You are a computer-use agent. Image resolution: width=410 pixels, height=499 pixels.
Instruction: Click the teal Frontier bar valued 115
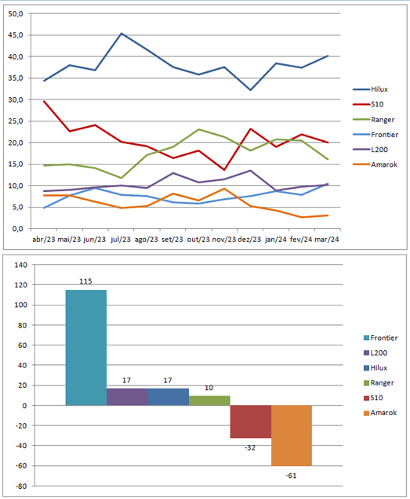click(86, 348)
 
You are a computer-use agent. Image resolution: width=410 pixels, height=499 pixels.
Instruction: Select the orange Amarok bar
click(292, 436)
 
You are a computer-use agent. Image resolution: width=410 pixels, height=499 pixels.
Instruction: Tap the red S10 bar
click(251, 421)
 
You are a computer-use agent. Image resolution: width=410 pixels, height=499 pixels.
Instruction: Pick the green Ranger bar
click(209, 400)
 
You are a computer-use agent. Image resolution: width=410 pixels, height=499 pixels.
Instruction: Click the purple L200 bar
click(128, 397)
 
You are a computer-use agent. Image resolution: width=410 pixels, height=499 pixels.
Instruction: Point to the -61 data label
click(291, 475)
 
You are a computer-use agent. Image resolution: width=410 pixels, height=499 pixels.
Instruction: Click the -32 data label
click(250, 448)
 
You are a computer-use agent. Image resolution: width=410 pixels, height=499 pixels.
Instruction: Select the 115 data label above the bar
click(85, 281)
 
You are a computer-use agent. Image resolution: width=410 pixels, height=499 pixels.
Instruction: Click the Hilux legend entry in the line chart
click(371, 89)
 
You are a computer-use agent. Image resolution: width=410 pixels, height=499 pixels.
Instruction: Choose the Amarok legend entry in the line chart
click(376, 165)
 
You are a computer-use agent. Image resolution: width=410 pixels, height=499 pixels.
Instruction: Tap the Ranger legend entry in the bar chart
click(379, 383)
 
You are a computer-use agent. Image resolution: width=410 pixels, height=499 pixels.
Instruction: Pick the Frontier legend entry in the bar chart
click(381, 338)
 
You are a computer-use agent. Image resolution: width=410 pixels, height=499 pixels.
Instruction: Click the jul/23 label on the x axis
click(121, 240)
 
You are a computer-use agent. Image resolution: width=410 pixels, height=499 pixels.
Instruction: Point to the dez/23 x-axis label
click(249, 240)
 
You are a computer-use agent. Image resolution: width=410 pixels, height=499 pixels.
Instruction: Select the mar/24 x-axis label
click(327, 240)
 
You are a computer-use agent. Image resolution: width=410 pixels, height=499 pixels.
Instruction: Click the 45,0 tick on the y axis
click(16, 35)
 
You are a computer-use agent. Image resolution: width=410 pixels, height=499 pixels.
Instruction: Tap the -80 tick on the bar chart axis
click(21, 486)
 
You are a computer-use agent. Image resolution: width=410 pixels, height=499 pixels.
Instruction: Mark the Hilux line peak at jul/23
click(122, 33)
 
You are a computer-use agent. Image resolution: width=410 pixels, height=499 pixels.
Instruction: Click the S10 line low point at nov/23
click(224, 170)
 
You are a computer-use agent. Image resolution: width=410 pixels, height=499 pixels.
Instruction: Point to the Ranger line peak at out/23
click(198, 129)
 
